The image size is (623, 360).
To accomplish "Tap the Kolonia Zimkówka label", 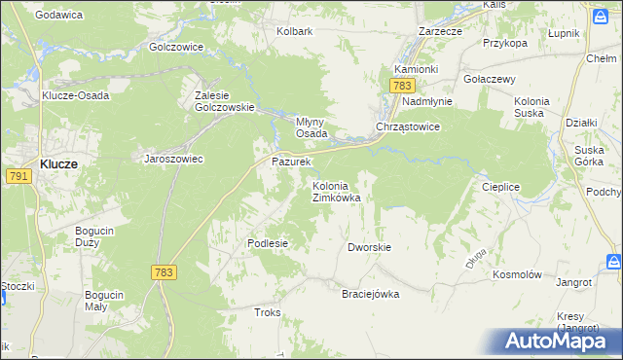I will (x=336, y=192).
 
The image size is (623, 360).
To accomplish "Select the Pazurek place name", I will (x=290, y=162).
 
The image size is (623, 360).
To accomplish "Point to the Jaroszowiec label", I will (x=173, y=159).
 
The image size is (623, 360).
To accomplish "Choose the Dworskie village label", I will (x=369, y=247).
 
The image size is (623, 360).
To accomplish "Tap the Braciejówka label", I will (x=370, y=294).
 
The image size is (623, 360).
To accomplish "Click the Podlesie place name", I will (x=268, y=243).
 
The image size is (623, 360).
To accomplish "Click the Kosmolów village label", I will (x=517, y=275).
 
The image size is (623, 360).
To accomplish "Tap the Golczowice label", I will (x=176, y=46).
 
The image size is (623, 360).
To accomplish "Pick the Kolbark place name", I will (x=294, y=31).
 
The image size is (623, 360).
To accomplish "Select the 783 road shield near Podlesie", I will (x=164, y=273).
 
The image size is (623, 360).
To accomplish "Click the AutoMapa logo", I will (x=558, y=342).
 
